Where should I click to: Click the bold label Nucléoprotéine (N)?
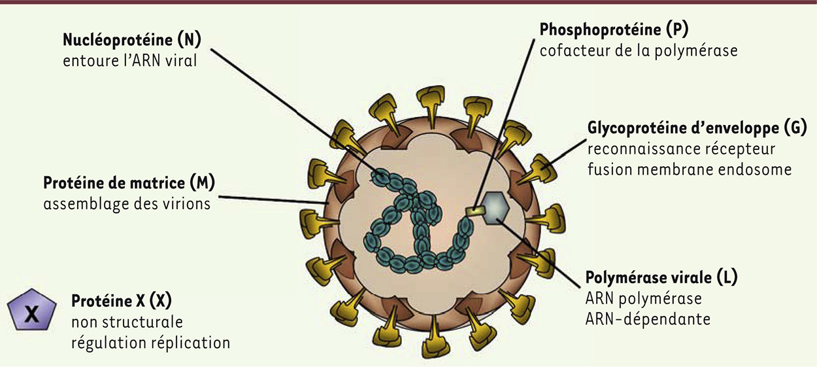coord(132,39)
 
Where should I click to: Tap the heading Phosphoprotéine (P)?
coord(614,29)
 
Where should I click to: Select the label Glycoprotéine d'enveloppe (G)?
coord(697,128)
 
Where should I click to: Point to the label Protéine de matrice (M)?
coord(129,183)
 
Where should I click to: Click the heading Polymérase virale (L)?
coord(661,277)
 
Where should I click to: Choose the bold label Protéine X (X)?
coord(122,301)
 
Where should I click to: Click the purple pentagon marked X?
coord(32,309)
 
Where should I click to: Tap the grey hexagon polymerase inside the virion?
coord(495,208)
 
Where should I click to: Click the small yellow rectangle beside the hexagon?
coord(475,211)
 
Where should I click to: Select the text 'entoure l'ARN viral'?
coord(130,61)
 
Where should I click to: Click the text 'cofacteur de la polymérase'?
coord(639,51)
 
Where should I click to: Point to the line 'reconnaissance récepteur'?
coord(681,149)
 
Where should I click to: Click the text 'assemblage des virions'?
coord(127,203)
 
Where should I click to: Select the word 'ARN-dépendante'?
coord(648,319)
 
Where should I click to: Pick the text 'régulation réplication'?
coord(150,343)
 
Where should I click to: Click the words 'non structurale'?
coord(127,322)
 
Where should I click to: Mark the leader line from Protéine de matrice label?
coord(273,200)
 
